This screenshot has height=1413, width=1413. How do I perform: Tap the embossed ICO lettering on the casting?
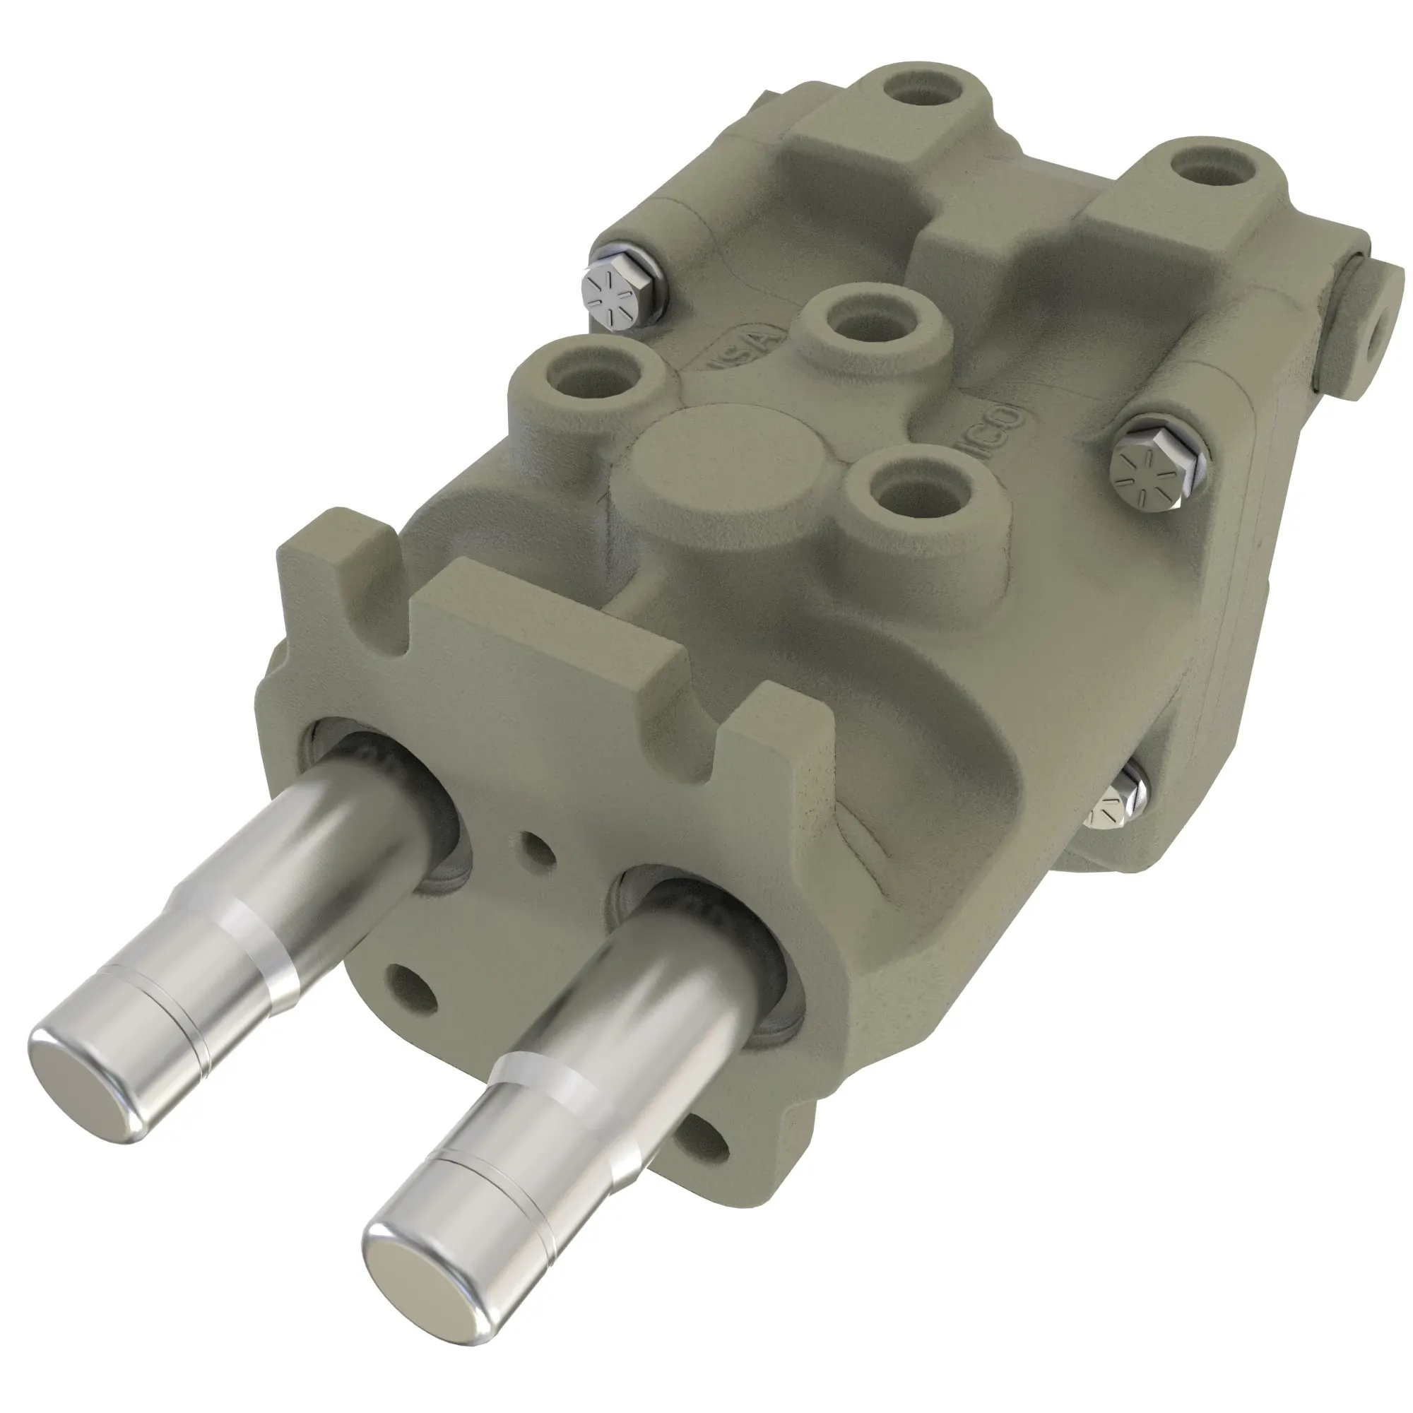click(x=1001, y=431)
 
